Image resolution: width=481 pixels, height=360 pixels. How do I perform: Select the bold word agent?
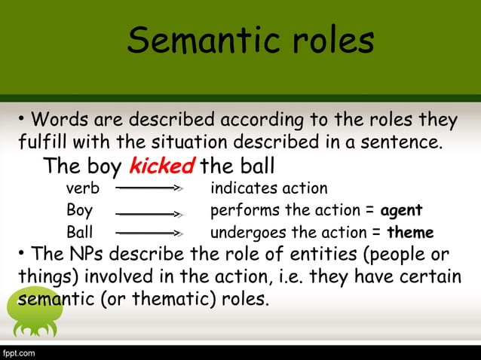[x=401, y=210]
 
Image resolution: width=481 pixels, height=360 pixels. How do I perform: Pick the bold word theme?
[x=410, y=233]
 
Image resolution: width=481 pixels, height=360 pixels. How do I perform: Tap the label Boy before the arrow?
[x=80, y=210]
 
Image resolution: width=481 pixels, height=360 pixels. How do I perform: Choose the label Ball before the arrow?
[x=80, y=232]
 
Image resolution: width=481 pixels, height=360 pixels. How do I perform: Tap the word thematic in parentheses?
[x=172, y=299]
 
